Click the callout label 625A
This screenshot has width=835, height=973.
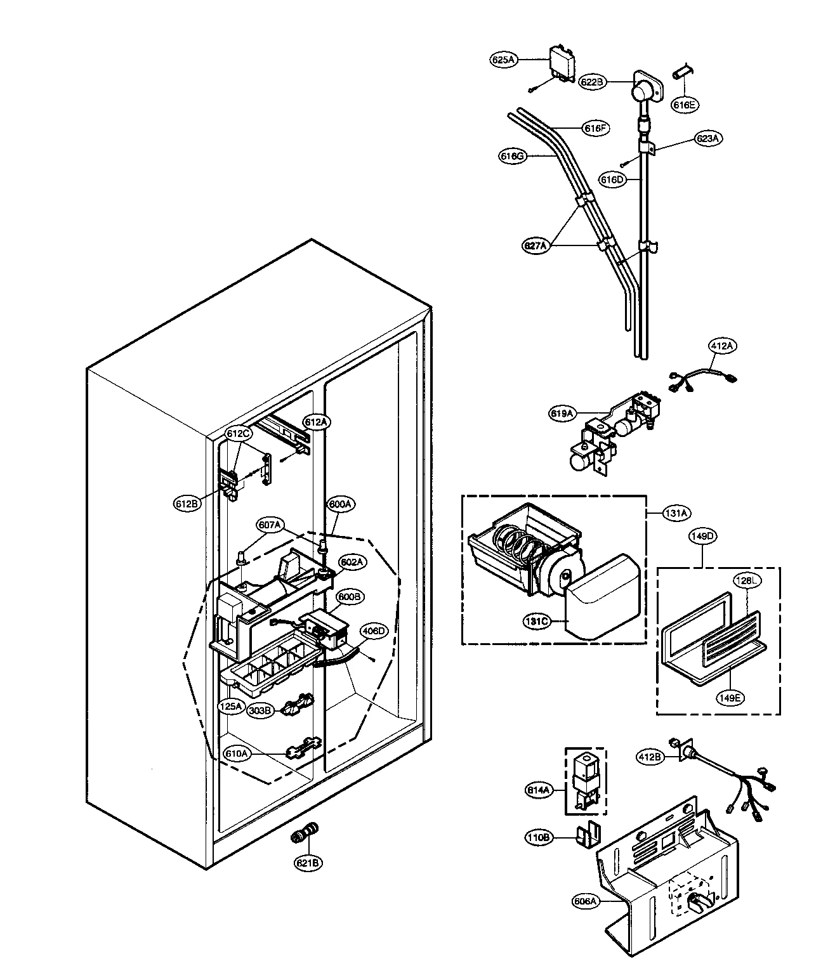[504, 60]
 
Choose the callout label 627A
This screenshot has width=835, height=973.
[536, 247]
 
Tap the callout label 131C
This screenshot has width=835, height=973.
[536, 621]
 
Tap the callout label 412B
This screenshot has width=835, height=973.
[652, 757]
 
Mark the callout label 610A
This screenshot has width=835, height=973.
[237, 753]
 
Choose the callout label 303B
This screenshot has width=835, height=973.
[261, 710]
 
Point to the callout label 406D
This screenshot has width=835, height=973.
[373, 630]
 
